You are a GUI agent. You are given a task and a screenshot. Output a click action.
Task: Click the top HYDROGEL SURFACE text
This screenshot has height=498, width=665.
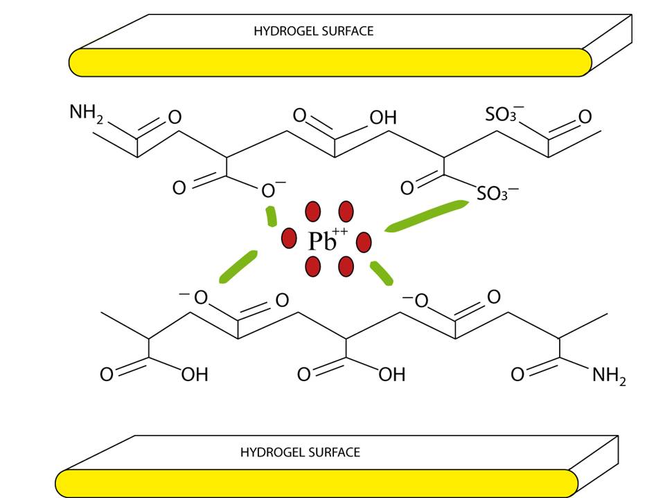pos(313,31)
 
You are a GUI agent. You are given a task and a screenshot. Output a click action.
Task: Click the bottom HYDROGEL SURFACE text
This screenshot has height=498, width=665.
pos(300,452)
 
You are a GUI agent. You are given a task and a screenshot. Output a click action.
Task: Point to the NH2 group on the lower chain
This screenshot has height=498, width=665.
pos(609,376)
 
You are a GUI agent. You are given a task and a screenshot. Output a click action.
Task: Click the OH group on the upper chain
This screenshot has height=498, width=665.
pos(383,118)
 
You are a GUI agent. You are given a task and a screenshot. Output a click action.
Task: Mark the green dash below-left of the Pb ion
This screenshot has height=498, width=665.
pos(238,267)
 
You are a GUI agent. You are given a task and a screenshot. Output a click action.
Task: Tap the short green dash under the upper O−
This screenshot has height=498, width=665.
pos(270,216)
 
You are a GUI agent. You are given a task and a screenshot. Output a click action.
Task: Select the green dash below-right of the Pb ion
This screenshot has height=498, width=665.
pos(381,273)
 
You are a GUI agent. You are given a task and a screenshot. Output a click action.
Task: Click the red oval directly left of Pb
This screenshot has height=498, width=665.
pos(289,239)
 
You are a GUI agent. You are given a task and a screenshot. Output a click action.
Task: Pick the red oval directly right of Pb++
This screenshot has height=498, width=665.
pos(364,242)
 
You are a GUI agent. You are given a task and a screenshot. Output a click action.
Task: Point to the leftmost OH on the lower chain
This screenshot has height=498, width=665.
pos(195,375)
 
